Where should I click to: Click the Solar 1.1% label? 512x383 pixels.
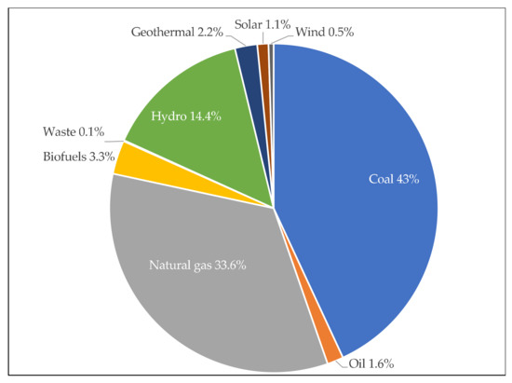point(256,32)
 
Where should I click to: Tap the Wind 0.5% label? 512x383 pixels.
point(325,32)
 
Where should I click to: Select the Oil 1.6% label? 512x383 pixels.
point(368,362)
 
